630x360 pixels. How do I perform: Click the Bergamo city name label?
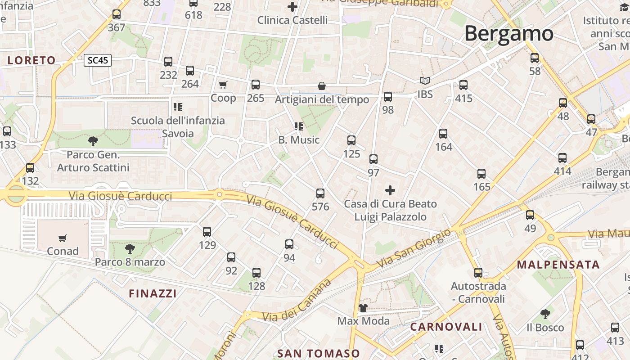point(508,34)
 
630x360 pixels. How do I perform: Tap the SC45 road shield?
point(97,60)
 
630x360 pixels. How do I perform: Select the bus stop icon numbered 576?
point(320,193)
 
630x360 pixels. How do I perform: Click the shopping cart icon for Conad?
point(63,238)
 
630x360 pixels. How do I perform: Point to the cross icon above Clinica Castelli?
point(292,7)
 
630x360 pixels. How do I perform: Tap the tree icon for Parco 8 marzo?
point(130,248)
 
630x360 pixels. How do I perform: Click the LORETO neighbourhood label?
point(31,60)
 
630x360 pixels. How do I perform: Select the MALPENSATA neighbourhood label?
point(558,265)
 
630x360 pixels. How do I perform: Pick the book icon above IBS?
point(425,81)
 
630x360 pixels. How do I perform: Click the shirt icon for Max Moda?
point(363,308)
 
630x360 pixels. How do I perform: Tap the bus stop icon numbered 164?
point(443,134)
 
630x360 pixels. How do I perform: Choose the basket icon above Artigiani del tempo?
point(322,86)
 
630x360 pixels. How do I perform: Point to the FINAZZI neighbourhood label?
point(153,294)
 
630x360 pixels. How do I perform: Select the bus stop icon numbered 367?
point(117,14)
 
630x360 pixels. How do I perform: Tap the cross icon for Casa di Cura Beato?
point(390,190)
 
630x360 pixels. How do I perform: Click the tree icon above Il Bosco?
point(545,314)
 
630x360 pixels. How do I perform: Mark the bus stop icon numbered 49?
point(530,215)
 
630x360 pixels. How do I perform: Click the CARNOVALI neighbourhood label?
point(446,327)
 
